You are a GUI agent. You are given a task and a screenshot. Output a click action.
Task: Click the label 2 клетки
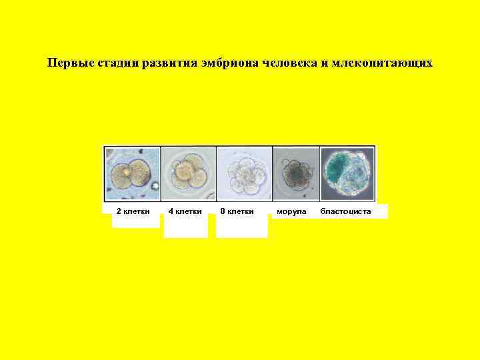[x=133, y=211]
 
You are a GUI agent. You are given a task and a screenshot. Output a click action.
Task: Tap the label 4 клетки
[x=185, y=211]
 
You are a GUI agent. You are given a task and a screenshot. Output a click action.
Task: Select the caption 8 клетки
[x=237, y=211]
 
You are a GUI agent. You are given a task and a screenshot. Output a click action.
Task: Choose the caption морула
[x=291, y=211]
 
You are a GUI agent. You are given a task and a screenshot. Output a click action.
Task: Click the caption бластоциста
[x=345, y=211]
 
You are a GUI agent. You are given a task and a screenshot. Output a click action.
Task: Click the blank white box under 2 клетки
[x=135, y=222]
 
